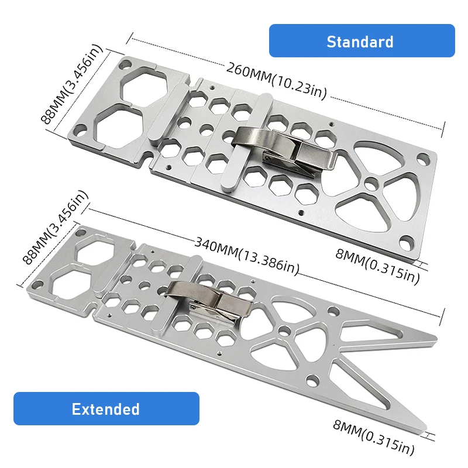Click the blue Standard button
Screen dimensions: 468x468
[361, 41]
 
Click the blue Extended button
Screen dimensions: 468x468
[106, 408]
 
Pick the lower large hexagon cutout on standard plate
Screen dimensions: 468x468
[120, 125]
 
